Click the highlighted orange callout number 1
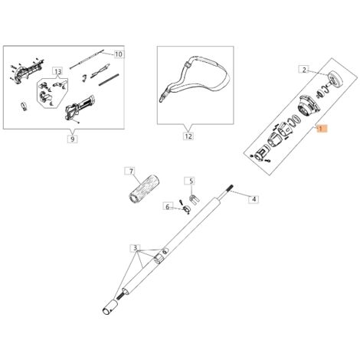coord(321,129)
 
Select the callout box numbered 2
coord(304,70)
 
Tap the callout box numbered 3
coord(136,248)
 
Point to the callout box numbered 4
coord(254,199)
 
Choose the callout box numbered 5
coord(191,182)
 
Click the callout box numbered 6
coord(168,207)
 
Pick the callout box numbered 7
coord(131,171)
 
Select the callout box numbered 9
coord(73,139)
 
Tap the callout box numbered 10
coord(119,54)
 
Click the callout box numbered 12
coord(188,136)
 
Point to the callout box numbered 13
coord(58,71)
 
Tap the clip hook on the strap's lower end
coord(162,97)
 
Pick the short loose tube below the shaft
coord(110,307)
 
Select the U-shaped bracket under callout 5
coord(195,199)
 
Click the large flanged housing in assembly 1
coord(308,106)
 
